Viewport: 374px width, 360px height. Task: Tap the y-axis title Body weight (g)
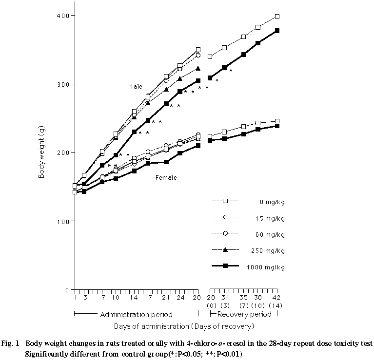(42, 152)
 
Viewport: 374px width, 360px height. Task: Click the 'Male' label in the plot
(135, 86)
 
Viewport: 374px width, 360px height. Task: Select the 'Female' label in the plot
(166, 178)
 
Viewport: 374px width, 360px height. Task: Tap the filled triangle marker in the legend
(225, 250)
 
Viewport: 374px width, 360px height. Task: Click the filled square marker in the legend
(225, 267)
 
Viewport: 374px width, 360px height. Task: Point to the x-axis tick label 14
(134, 297)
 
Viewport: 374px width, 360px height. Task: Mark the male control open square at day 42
(277, 17)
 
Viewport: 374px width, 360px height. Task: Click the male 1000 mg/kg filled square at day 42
(277, 31)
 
